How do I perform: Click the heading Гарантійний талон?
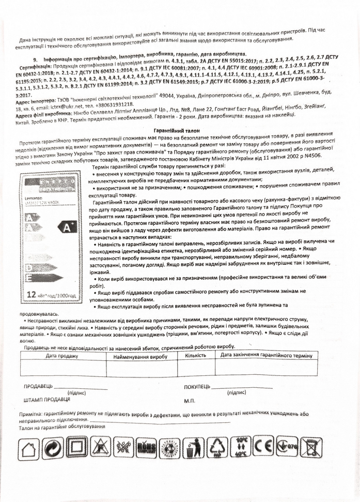[180, 131]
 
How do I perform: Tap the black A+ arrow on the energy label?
[68, 226]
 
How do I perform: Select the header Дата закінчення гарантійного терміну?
[266, 355]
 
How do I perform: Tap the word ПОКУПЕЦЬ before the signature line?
[197, 387]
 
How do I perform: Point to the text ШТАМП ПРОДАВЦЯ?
[46, 400]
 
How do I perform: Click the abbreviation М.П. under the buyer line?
[189, 400]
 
